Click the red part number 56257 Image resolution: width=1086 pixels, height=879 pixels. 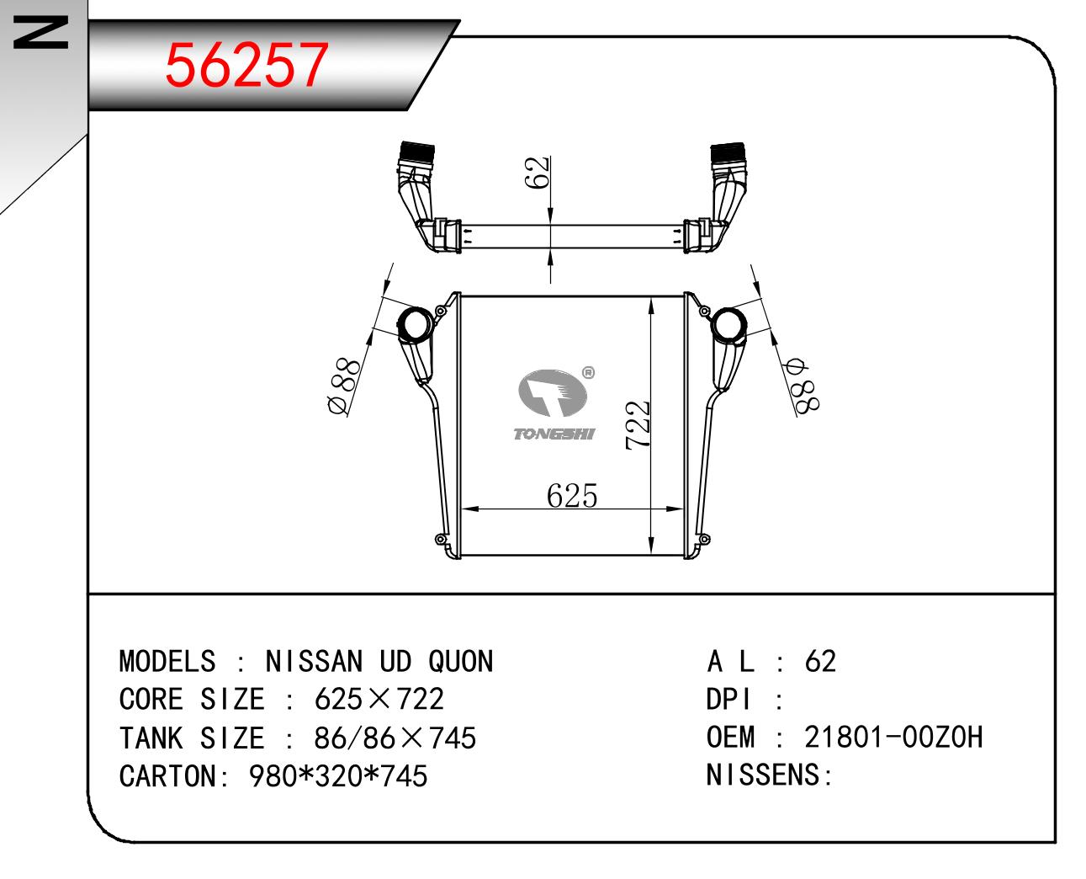[x=246, y=64]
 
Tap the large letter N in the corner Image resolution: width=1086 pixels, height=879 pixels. [x=40, y=32]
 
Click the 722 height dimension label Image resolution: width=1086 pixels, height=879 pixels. [x=638, y=424]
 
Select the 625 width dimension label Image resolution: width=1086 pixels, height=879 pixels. [x=571, y=495]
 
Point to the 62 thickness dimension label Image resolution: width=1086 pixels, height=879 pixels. [x=537, y=173]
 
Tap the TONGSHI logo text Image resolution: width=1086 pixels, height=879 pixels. [x=554, y=434]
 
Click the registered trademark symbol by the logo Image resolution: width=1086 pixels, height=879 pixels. [x=588, y=373]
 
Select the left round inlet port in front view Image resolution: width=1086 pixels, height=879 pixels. [x=415, y=324]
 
